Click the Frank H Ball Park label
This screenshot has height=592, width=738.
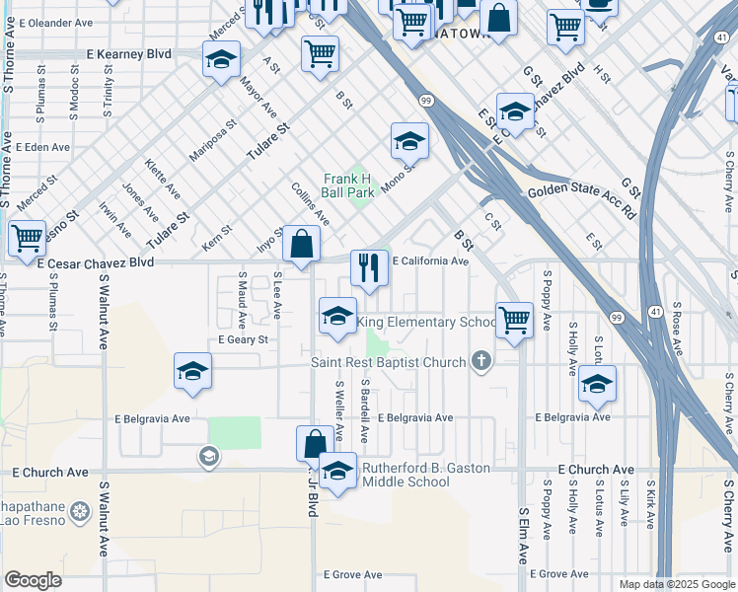(x=349, y=185)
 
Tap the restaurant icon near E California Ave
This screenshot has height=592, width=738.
(x=369, y=268)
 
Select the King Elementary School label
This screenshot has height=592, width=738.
(x=426, y=322)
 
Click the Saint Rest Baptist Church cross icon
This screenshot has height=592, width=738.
(x=481, y=362)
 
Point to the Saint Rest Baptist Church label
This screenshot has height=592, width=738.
(x=388, y=362)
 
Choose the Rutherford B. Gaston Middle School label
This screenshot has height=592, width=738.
(x=426, y=475)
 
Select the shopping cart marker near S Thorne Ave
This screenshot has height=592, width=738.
(x=27, y=238)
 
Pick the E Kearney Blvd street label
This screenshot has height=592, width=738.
(x=128, y=53)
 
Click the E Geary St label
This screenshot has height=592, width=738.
(x=243, y=339)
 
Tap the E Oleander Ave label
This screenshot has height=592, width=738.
(x=47, y=21)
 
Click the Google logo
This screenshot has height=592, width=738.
(x=33, y=580)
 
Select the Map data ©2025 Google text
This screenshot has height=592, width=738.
(x=676, y=584)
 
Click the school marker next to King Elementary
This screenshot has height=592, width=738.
(x=337, y=317)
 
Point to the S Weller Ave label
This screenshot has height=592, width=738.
(x=339, y=409)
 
